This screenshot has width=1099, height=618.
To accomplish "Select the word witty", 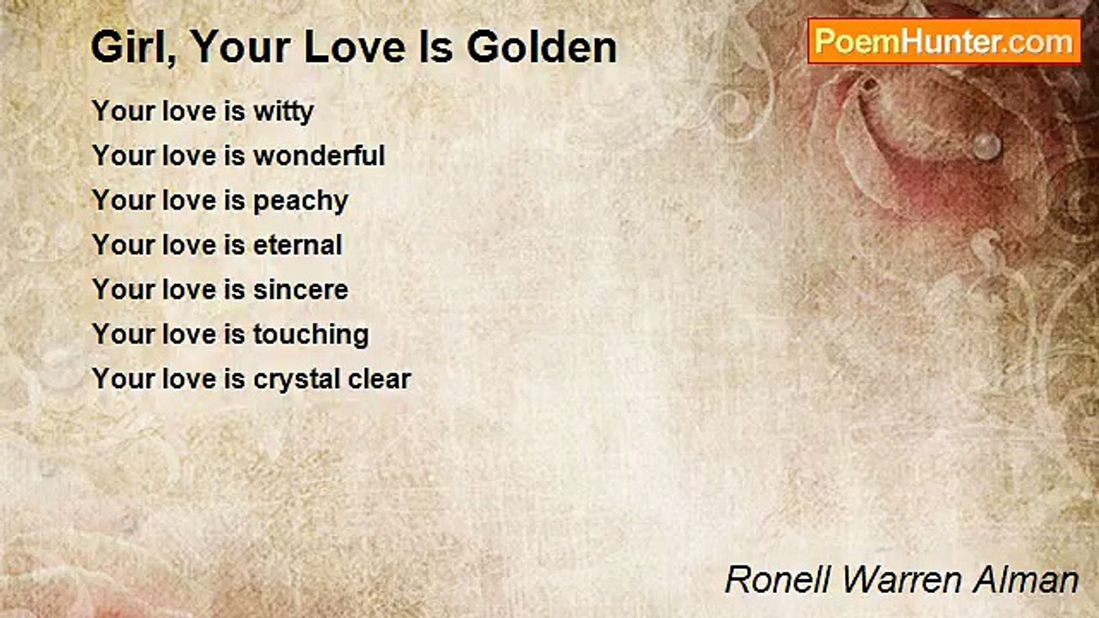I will (283, 112).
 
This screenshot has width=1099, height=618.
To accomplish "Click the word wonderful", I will (319, 156).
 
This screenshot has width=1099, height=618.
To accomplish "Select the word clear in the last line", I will (379, 379).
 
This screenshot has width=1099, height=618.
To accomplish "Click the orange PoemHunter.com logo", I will (944, 40).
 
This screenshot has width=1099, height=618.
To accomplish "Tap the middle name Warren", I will (905, 579).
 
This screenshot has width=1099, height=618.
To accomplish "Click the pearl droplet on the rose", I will (987, 145).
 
